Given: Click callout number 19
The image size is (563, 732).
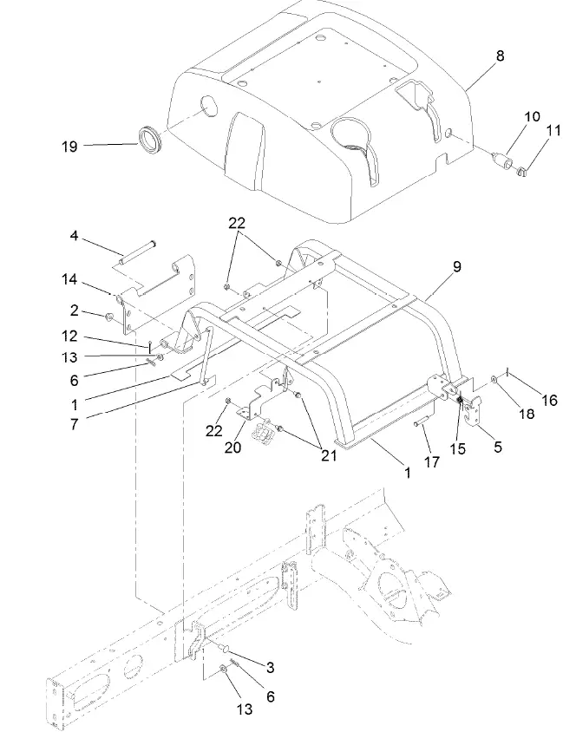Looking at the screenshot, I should coord(69,147).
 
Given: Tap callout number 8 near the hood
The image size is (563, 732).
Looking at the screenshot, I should coord(499,56).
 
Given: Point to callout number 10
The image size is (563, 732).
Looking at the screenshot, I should coord(531,116).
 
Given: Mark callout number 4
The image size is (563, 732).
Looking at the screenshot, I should coord(75,236).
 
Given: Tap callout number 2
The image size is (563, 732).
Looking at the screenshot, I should coord(75,310).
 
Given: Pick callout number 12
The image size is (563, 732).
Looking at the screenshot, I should coord(70,336).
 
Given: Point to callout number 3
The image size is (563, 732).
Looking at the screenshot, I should coord(270,667).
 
